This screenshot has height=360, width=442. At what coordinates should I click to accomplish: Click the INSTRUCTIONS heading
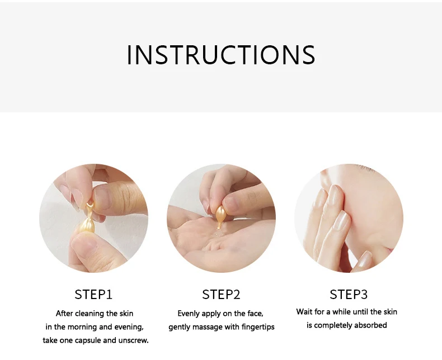coord(221,55)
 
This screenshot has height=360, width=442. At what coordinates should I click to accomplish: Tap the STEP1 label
coord(93,295)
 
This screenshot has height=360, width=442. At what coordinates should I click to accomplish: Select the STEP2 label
coord(222,295)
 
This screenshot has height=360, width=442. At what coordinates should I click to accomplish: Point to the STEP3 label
coord(349,295)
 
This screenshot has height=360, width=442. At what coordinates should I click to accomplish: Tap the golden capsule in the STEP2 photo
coord(220,214)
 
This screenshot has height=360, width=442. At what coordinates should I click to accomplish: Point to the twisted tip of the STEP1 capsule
coord(90,206)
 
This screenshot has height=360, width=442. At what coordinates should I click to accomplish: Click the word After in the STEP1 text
coord(64,314)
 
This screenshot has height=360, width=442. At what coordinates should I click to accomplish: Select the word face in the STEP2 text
coord(255,314)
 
